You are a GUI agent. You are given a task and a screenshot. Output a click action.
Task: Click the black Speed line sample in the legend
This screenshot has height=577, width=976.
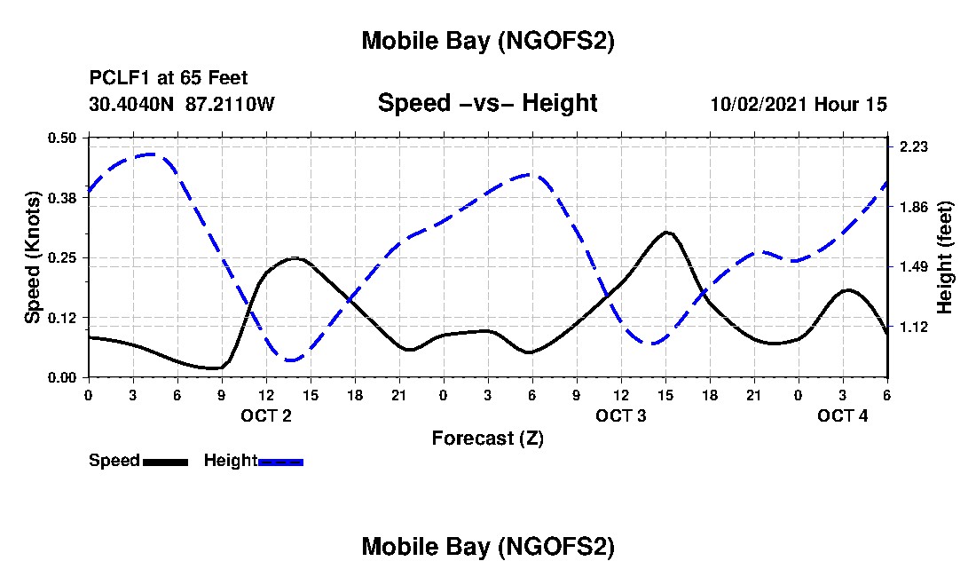point(165,461)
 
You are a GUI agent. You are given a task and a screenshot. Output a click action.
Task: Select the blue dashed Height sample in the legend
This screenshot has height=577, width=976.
point(280,461)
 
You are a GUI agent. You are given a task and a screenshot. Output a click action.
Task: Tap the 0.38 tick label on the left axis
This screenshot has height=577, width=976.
point(63,197)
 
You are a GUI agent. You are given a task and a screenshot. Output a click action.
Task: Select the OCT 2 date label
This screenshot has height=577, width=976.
point(266,415)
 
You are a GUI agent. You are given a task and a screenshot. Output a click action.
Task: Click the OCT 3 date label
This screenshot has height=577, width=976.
point(621,415)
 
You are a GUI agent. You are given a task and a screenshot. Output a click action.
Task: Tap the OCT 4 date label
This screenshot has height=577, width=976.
point(843,415)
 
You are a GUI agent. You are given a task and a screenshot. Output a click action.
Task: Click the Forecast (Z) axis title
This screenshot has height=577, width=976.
point(488,438)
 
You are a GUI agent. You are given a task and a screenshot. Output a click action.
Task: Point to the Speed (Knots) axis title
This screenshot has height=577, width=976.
point(33,257)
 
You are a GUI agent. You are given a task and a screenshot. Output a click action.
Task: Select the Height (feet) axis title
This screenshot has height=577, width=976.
point(945,257)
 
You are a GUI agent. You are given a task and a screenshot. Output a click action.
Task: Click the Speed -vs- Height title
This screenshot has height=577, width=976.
point(488,103)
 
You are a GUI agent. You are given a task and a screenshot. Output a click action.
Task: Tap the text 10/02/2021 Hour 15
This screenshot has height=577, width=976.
point(799,104)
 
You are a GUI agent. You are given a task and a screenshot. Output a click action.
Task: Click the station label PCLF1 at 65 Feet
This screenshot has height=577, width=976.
point(169,78)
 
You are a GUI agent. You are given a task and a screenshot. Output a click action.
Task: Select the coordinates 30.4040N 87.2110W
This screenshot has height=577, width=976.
point(182,104)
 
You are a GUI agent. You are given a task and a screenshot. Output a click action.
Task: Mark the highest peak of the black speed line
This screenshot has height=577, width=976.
point(667,233)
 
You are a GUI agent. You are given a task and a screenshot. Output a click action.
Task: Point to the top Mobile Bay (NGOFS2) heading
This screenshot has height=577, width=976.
point(488,41)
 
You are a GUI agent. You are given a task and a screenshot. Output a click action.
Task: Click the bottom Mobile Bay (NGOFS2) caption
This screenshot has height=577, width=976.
point(488,547)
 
